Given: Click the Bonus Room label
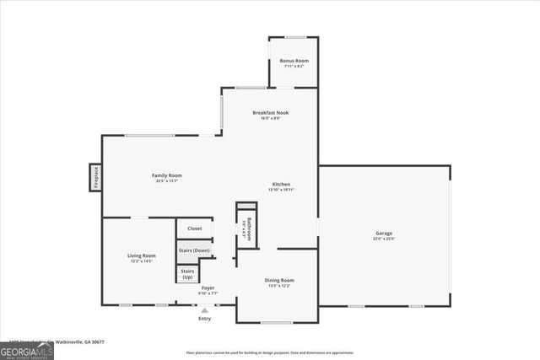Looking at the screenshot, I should (x=294, y=61).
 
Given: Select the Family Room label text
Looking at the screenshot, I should (x=167, y=175).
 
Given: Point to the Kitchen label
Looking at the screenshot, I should (x=281, y=184).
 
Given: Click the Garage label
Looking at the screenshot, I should (x=384, y=234).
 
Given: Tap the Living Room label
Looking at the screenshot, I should (x=142, y=255).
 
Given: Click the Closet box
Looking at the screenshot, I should (x=194, y=228).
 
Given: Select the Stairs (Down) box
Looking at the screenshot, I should (x=194, y=250).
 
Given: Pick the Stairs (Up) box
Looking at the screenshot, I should (x=187, y=274).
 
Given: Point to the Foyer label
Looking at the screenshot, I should (x=208, y=288).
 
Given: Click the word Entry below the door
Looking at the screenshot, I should (x=205, y=319).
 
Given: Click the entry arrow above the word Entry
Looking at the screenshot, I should (x=205, y=309).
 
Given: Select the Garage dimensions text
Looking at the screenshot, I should (x=384, y=239).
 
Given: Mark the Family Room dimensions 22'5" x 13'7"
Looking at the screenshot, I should (x=167, y=181).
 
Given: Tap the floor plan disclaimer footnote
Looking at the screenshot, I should (x=269, y=352).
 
